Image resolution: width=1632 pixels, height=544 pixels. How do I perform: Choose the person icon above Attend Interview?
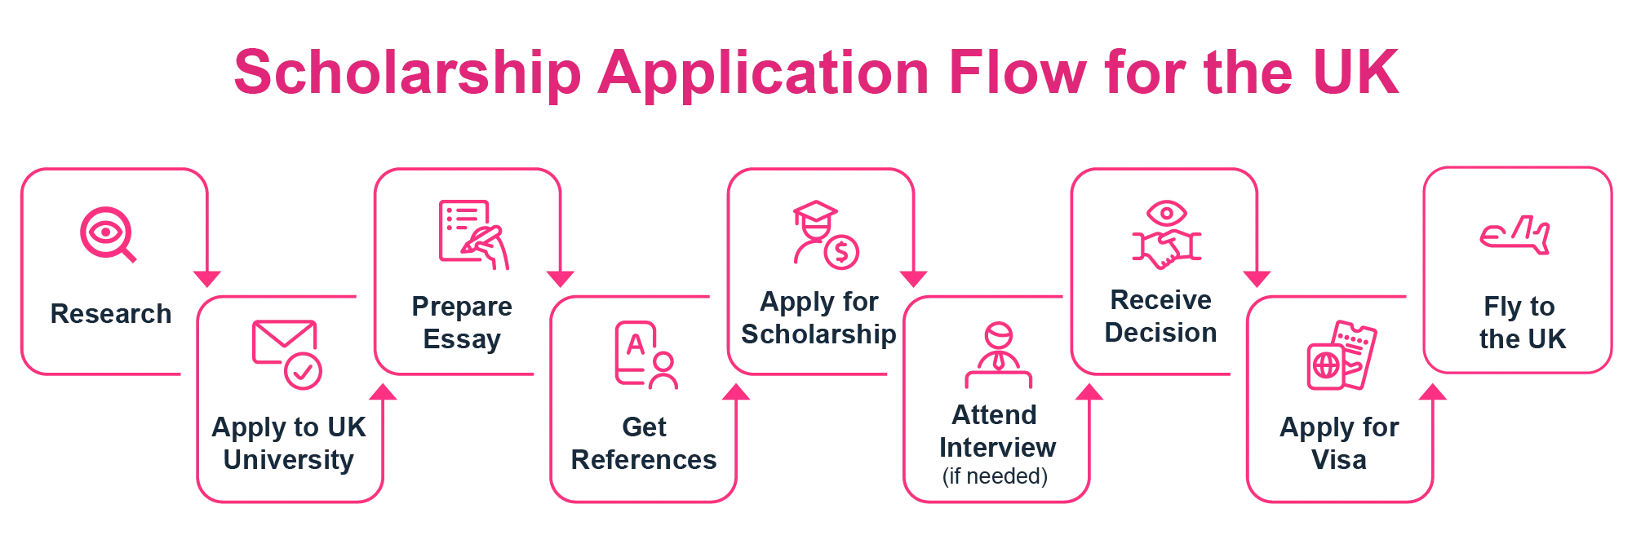coord(997,356)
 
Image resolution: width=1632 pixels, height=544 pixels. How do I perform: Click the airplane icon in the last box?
coord(1514,236)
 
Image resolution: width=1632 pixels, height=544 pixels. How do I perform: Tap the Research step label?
coord(110,314)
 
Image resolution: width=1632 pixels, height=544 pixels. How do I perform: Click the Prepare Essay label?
coord(463,324)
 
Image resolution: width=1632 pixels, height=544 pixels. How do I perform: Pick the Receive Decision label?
coord(1162,317)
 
